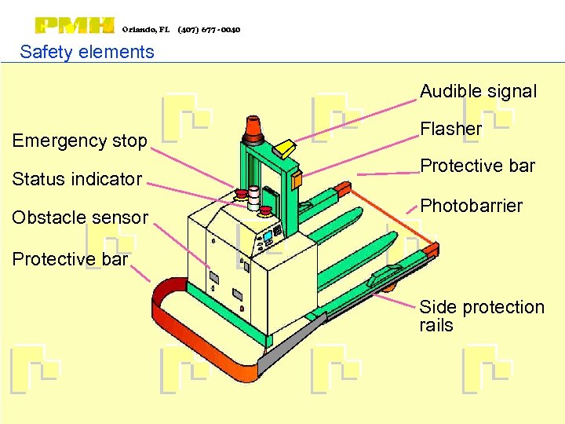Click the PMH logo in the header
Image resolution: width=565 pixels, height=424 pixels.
(x=75, y=26)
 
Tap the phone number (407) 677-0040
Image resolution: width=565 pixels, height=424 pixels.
(x=209, y=30)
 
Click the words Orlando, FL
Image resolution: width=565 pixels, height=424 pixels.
(x=146, y=30)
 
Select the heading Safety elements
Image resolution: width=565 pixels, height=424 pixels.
(x=87, y=53)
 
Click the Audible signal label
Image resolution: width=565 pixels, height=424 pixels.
(x=478, y=91)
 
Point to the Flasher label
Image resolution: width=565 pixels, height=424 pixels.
(x=450, y=129)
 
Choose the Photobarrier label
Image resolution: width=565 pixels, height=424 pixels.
(x=471, y=206)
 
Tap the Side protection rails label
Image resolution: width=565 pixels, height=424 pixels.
(x=481, y=316)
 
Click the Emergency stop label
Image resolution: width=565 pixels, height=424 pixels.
(x=80, y=141)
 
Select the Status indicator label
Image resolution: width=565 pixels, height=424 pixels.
(x=77, y=179)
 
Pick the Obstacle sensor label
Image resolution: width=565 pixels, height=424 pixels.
(x=80, y=217)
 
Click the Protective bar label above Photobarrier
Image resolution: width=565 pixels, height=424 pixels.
(x=477, y=166)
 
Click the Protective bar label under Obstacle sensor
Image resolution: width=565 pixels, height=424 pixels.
(x=70, y=259)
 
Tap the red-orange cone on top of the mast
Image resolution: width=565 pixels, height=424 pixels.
(x=253, y=128)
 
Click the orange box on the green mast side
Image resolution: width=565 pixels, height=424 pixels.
(x=296, y=178)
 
